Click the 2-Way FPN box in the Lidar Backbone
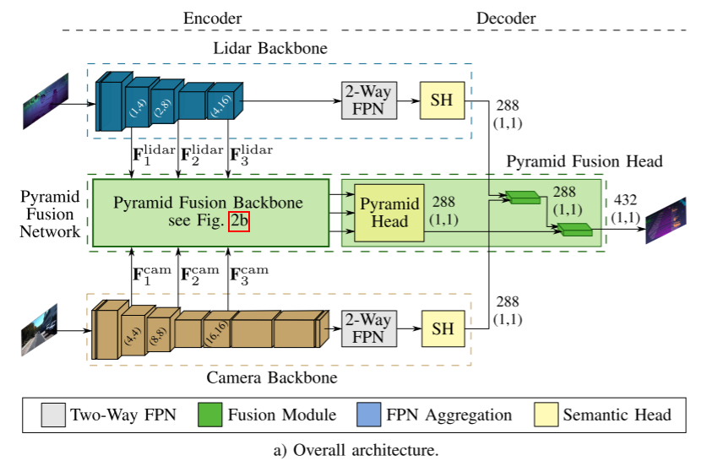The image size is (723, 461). coord(369,100)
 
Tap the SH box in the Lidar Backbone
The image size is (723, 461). coord(442,100)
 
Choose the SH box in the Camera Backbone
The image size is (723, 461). coord(442,328)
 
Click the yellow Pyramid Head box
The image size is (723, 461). coord(389,213)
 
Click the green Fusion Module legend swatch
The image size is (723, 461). coord(210,415)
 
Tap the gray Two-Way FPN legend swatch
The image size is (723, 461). coord(53,415)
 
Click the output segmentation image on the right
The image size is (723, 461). coord(666,220)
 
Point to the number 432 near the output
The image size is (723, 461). coord(626,199)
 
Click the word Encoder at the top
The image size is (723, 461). coord(212,18)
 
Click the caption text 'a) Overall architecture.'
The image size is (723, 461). coord(356,449)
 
